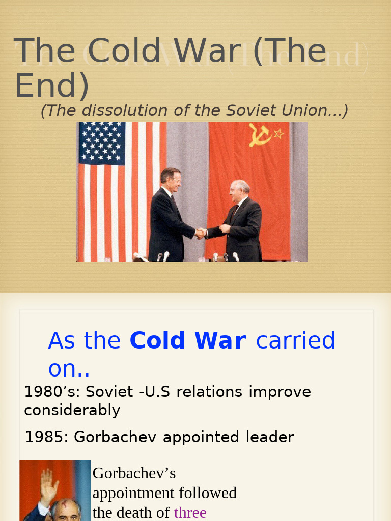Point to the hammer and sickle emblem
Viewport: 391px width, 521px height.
[260, 135]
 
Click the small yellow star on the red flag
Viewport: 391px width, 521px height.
[278, 134]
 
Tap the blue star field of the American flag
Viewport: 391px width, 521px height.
[102, 143]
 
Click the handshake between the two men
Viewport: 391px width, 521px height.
[201, 233]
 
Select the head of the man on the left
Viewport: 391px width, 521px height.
[171, 179]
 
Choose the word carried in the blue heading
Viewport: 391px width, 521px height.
[295, 341]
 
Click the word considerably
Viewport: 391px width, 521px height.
[72, 410]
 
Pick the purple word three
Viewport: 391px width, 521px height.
[190, 512]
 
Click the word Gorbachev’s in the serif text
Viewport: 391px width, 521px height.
[134, 473]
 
